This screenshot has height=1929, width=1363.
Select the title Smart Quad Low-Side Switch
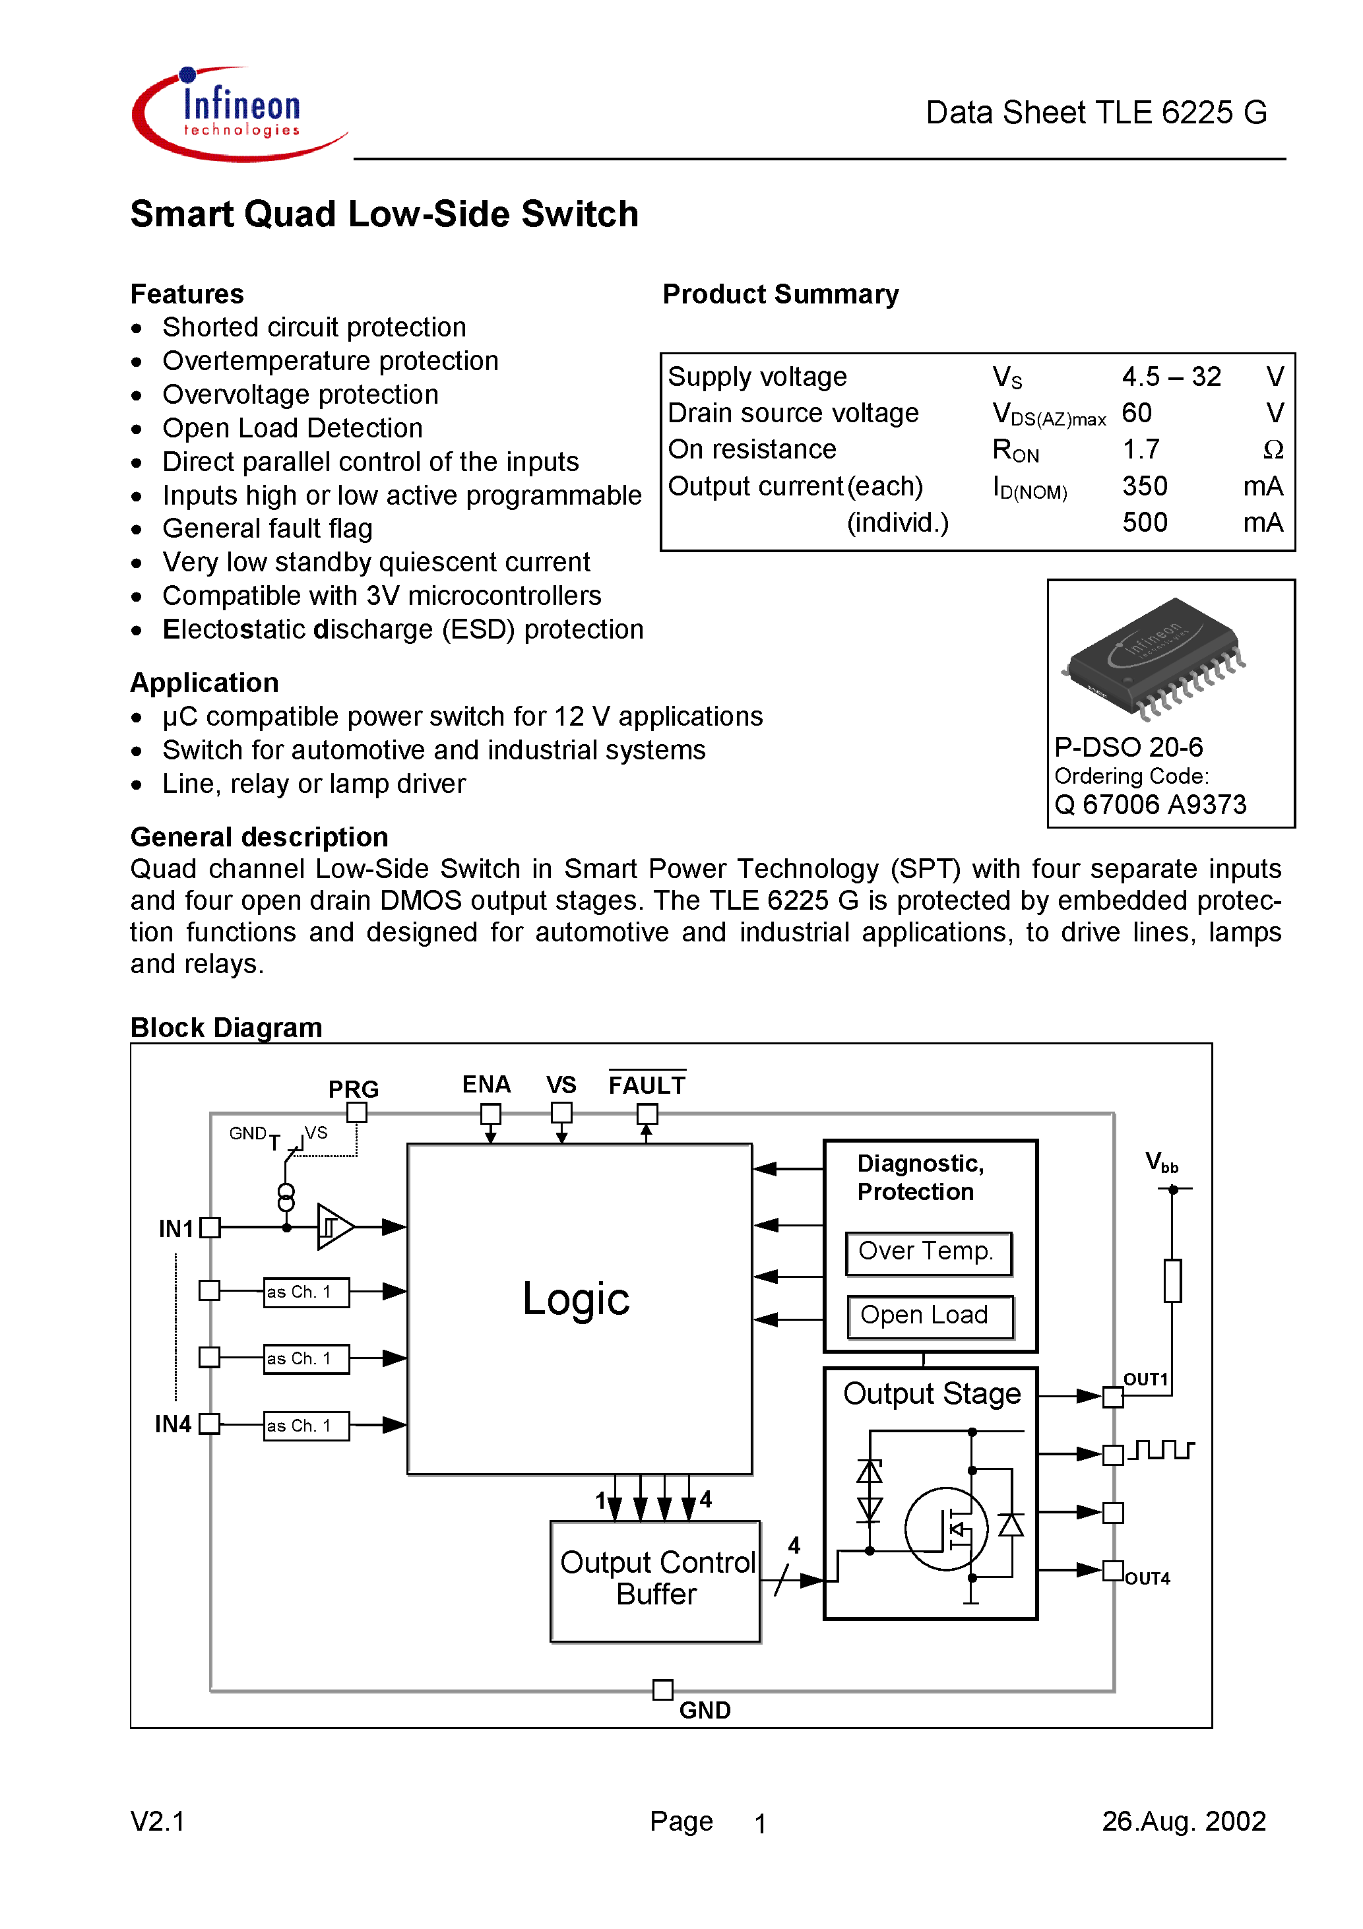pos(384,214)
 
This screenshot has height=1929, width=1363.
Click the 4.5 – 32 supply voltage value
pos(1170,377)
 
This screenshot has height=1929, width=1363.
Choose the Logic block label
pos(576,1299)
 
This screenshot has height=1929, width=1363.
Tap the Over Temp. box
pos(928,1252)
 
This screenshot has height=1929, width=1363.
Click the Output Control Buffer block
pos(656,1579)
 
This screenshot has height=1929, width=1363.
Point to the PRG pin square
pos(357,1112)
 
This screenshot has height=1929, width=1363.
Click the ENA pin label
pos(486,1085)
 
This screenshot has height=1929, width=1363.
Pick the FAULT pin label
pos(647,1085)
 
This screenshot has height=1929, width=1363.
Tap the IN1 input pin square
pos(210,1228)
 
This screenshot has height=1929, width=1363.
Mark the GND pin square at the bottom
pos(663,1690)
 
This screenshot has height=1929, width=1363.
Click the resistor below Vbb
pos(1172,1281)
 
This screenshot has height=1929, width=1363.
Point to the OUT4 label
pos(1147,1579)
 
